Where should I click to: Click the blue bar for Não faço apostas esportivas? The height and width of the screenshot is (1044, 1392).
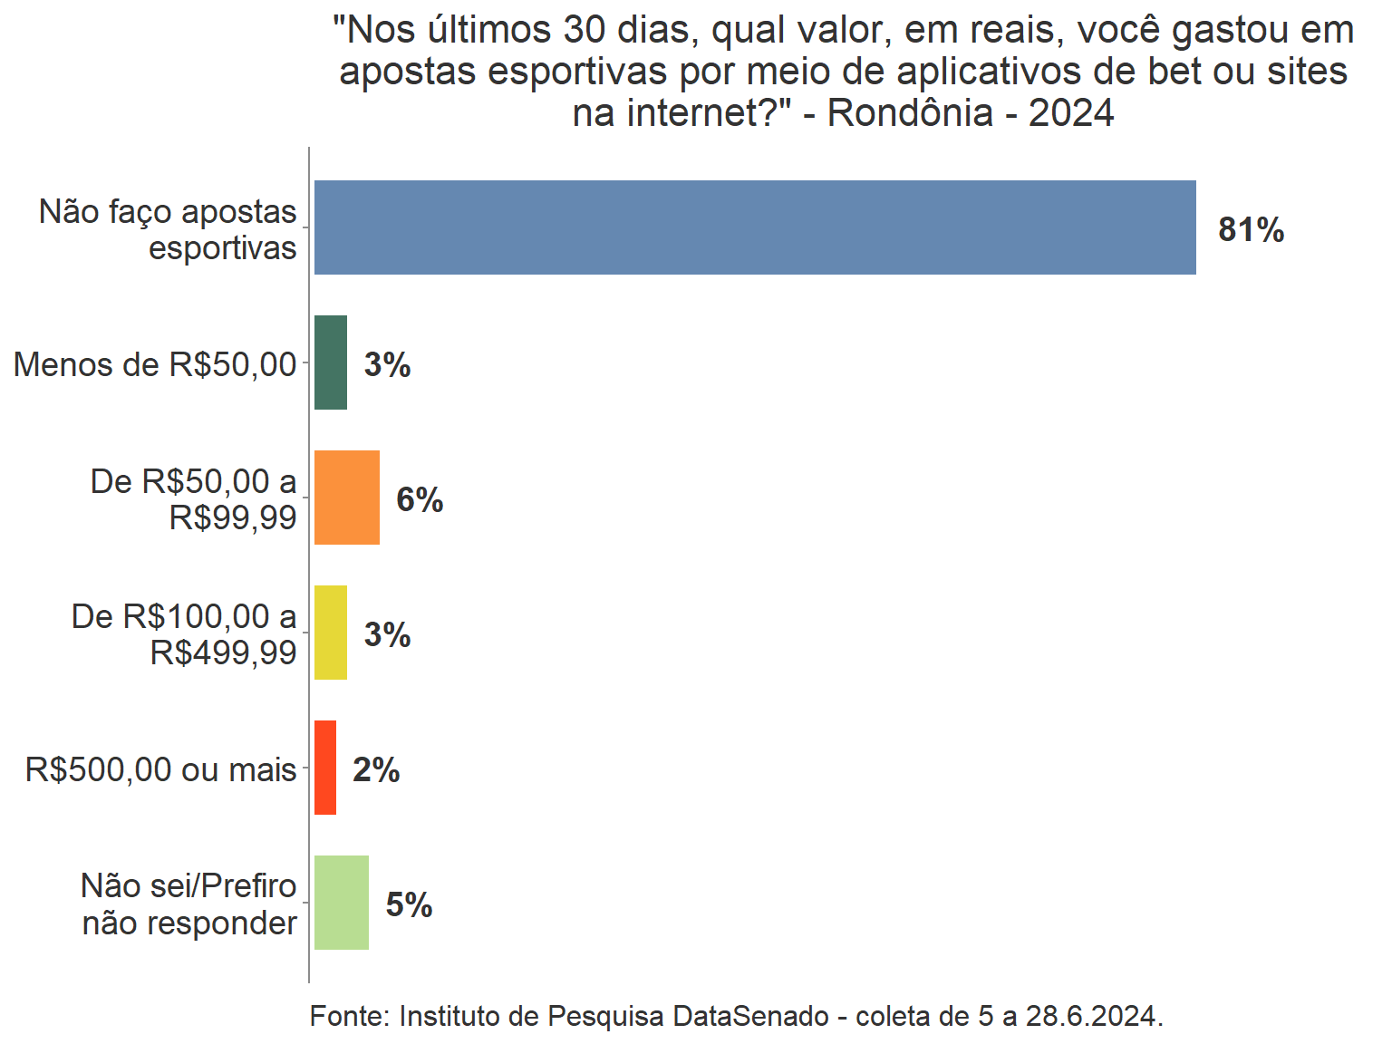pos(754,227)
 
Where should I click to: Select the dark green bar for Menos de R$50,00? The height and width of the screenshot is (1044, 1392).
pos(330,362)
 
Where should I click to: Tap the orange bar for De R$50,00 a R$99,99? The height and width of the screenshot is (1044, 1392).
pos(346,498)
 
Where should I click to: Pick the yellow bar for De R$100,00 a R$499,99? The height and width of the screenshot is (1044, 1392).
pos(330,633)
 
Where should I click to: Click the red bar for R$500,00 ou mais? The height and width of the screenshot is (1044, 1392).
pos(324,768)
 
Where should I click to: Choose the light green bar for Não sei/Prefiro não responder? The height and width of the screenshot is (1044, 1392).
pos(341,903)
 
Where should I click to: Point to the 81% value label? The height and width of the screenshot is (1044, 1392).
pos(1251,230)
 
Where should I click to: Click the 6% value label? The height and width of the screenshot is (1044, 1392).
pos(420,500)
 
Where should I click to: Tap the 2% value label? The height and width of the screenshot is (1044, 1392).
pos(376,770)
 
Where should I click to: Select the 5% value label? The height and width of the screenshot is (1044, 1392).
pos(409,905)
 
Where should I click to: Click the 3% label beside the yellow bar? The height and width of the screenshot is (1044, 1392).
pos(387,635)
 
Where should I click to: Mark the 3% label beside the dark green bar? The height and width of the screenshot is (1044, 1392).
pos(387,365)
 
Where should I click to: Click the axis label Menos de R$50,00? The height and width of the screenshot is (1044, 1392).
pos(155,364)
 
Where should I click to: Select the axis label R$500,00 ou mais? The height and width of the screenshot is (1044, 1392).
pos(160,769)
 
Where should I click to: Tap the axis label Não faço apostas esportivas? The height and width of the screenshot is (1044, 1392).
pos(169,229)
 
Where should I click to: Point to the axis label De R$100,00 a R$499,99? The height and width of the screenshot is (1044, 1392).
pos(184,633)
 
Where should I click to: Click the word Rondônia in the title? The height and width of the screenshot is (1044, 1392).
pos(910,113)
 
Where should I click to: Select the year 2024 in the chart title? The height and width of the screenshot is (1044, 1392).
pos(1071,113)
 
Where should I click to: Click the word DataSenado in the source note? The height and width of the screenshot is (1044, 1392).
pos(750,1016)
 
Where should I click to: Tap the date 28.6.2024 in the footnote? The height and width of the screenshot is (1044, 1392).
pos(1094,1016)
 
